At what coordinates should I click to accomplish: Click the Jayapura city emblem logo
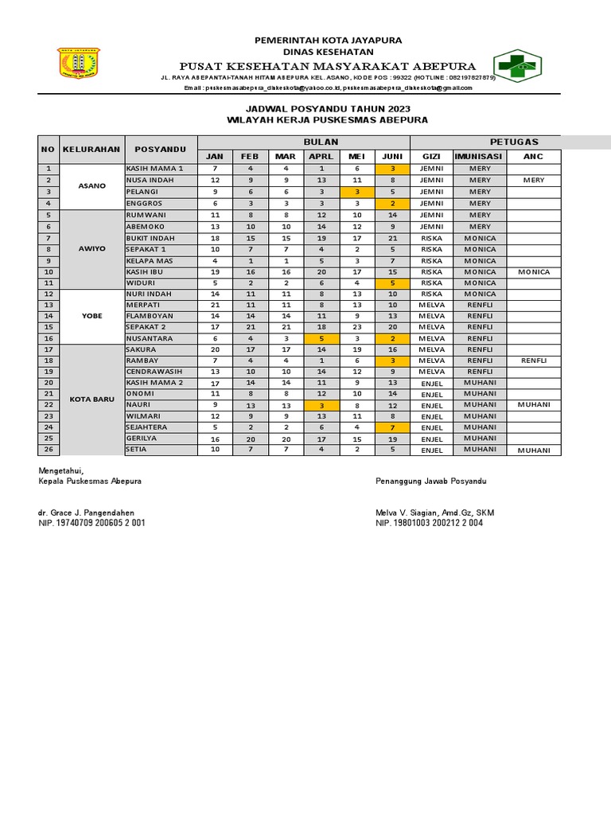tap(79, 64)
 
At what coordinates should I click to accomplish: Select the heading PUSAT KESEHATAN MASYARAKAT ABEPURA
tap(328, 65)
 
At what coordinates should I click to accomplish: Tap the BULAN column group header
tap(303, 141)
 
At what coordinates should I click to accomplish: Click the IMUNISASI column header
tap(480, 156)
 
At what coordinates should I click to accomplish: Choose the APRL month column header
tap(321, 156)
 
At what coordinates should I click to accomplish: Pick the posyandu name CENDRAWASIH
tap(154, 372)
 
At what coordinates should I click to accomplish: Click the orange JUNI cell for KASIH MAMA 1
tap(392, 169)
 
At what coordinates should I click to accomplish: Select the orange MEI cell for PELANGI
tap(357, 192)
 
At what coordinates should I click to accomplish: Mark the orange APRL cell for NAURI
tap(321, 405)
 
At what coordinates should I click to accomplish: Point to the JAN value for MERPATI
tap(215, 305)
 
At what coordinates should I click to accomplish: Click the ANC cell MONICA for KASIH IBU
tap(533, 271)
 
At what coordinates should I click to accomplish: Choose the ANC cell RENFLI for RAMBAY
tap(533, 361)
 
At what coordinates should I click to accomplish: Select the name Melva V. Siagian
tap(406, 513)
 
